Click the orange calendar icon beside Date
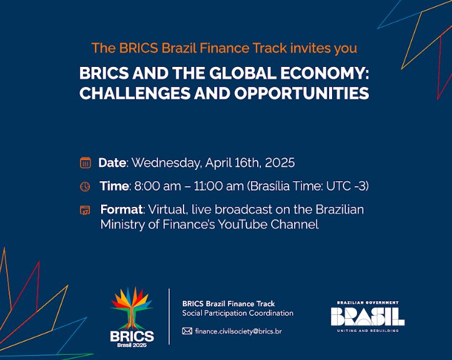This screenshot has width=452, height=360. pyautogui.click(x=86, y=163)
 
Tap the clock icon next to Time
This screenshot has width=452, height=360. pyautogui.click(x=85, y=186)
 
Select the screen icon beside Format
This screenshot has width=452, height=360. pyautogui.click(x=85, y=210)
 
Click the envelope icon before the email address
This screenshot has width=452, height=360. pyautogui.click(x=187, y=331)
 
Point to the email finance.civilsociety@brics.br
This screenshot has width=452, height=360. pyautogui.click(x=238, y=331)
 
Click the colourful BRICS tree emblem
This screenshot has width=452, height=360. pyautogui.click(x=132, y=308)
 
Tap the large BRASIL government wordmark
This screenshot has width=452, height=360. pyautogui.click(x=368, y=316)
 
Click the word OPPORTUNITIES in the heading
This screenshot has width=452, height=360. pyautogui.click(x=302, y=93)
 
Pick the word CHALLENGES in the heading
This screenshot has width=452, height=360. pyautogui.click(x=135, y=93)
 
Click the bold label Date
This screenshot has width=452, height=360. pyautogui.click(x=112, y=163)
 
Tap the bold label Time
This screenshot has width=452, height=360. pyautogui.click(x=114, y=186)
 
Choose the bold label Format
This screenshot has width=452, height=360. pyautogui.click(x=121, y=209)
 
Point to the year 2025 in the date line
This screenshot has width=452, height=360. pyautogui.click(x=280, y=163)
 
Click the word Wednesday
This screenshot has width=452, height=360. pyautogui.click(x=165, y=163)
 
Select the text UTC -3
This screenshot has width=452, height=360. pyautogui.click(x=347, y=186)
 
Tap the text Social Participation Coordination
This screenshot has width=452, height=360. pyautogui.click(x=237, y=313)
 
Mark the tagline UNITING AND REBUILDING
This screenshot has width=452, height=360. pyautogui.click(x=368, y=331)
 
